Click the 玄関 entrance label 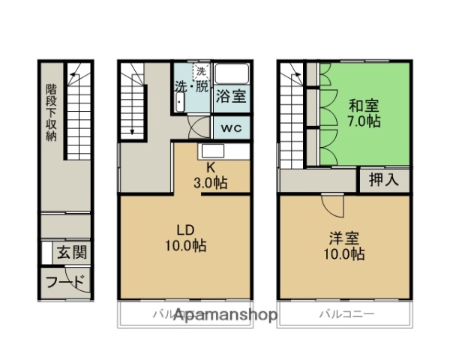(71, 253)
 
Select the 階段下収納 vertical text (51, 112)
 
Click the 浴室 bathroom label (232, 95)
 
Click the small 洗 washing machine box (200, 72)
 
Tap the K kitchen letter (211, 168)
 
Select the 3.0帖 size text (211, 182)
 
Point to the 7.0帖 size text (363, 121)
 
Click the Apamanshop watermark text (225, 315)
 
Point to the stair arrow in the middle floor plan (133, 127)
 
